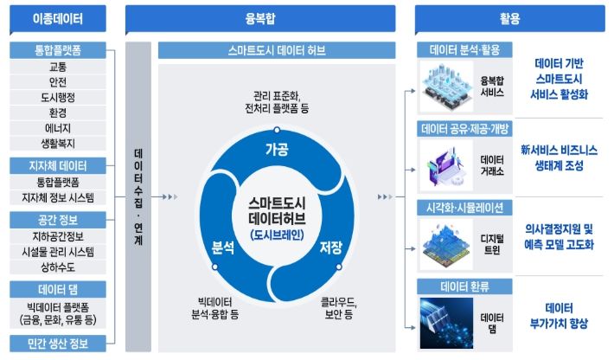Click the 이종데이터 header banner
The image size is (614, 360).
tap(58, 18)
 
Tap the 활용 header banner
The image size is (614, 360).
tap(510, 18)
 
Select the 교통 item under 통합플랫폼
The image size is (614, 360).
tap(58, 67)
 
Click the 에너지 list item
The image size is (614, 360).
tap(58, 128)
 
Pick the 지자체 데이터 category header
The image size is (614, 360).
tap(58, 165)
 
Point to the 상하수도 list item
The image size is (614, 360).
tap(58, 267)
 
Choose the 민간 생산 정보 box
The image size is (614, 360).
tap(58, 344)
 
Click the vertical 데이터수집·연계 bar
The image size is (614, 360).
tap(138, 196)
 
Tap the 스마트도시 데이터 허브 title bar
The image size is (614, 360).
tap(277, 50)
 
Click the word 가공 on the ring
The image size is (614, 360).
tap(277, 149)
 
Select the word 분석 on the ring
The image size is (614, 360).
tap(223, 247)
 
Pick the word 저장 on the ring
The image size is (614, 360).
tap(331, 247)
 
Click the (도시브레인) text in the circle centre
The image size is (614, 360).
tap(277, 235)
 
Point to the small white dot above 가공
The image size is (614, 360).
tap(277, 130)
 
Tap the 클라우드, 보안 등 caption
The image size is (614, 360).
tap(339, 308)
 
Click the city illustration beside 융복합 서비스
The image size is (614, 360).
tap(446, 87)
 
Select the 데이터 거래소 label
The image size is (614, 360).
tap(492, 165)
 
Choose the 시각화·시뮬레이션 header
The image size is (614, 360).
tap(464, 208)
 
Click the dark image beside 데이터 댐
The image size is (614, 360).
tap(446, 323)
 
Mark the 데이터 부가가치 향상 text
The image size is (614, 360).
tap(559, 316)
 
